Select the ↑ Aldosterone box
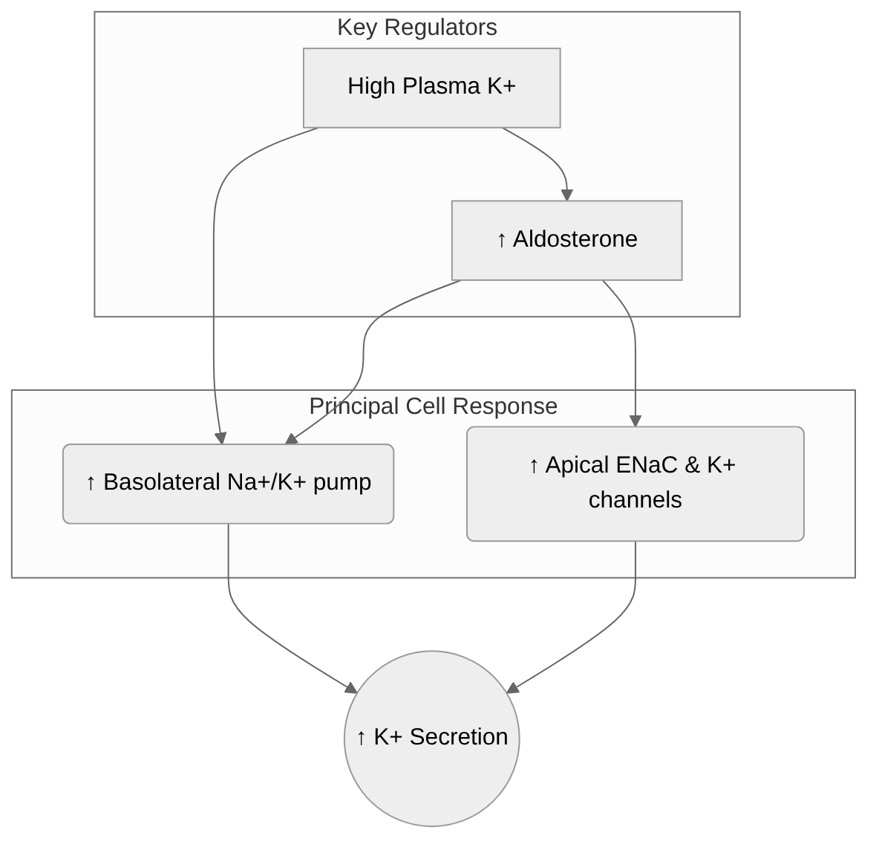click(566, 240)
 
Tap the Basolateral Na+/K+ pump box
click(228, 484)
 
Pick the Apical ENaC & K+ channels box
click(635, 483)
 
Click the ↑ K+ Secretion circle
click(431, 738)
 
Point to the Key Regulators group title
click(416, 27)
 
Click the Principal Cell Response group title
click(433, 406)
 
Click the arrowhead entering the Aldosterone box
click(567, 195)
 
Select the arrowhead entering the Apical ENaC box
click(635, 421)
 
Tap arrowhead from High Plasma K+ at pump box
click(220, 438)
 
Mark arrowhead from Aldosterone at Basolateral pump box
click(291, 439)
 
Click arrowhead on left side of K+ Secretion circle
click(350, 688)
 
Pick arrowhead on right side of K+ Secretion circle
click(512, 688)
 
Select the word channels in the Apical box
click(635, 500)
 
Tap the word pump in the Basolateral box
click(342, 482)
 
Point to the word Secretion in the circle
click(458, 737)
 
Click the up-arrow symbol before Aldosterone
click(502, 240)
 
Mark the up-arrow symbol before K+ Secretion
click(362, 738)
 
